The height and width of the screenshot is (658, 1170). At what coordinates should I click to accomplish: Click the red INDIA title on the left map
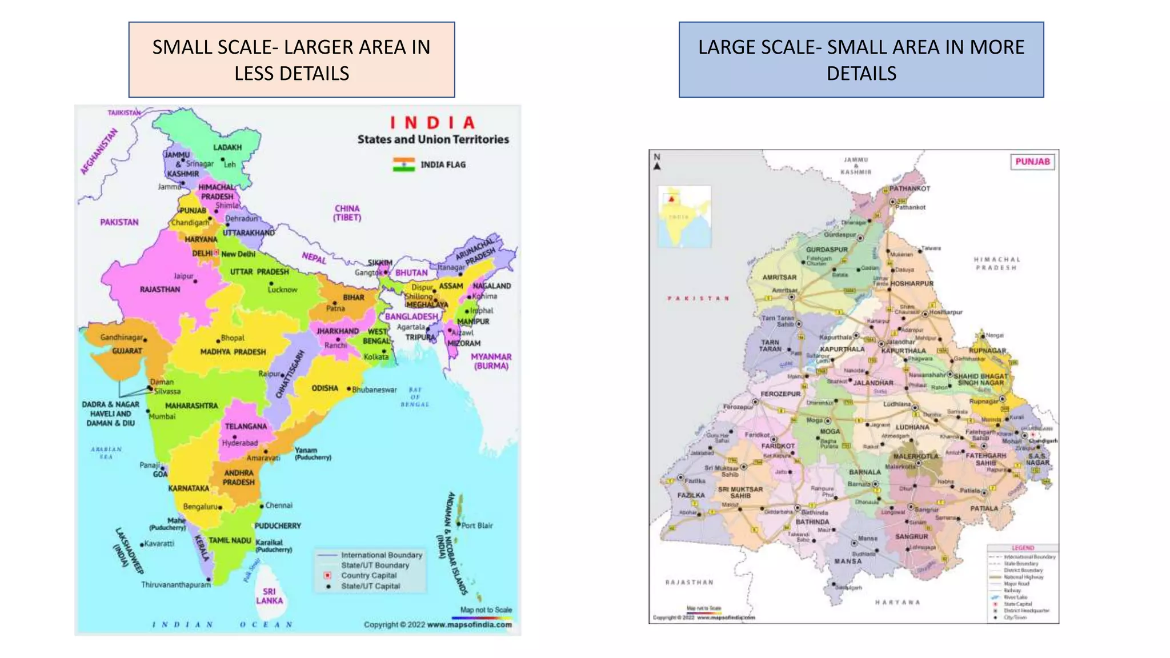coord(432,123)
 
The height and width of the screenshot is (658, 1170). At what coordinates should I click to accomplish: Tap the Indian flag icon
coord(403,164)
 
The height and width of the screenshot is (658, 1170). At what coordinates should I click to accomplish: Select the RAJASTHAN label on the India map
coord(160,290)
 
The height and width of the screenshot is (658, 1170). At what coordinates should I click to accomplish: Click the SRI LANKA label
coord(269,596)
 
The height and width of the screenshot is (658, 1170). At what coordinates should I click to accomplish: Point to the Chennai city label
coord(279,505)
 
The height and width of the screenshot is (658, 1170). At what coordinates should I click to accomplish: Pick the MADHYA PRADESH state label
coord(233,352)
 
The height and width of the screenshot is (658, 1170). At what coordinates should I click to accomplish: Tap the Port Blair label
coord(477,525)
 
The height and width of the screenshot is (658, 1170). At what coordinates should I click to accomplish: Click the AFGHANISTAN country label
coord(99,151)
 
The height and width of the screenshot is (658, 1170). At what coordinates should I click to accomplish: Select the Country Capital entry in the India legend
coord(368,576)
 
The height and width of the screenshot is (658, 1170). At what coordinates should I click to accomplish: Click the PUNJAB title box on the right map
coord(1032,162)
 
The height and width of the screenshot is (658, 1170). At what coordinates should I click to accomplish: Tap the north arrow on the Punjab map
coord(657,162)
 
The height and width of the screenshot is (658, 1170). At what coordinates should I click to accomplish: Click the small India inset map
coord(684,216)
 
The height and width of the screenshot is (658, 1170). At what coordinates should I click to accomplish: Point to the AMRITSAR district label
coord(779,278)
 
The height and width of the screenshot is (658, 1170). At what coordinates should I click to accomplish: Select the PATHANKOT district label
coord(909,188)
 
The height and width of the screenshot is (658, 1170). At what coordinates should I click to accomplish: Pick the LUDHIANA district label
coord(912,427)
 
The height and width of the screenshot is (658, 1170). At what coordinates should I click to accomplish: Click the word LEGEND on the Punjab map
coord(1023,548)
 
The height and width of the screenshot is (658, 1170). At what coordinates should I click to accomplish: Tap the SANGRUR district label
coord(911,537)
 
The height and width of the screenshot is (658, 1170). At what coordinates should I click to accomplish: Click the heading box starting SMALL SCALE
coord(291,60)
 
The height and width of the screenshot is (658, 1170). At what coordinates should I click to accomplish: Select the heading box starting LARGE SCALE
coord(861,60)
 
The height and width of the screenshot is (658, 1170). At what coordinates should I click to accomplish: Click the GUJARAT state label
coord(127,351)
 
